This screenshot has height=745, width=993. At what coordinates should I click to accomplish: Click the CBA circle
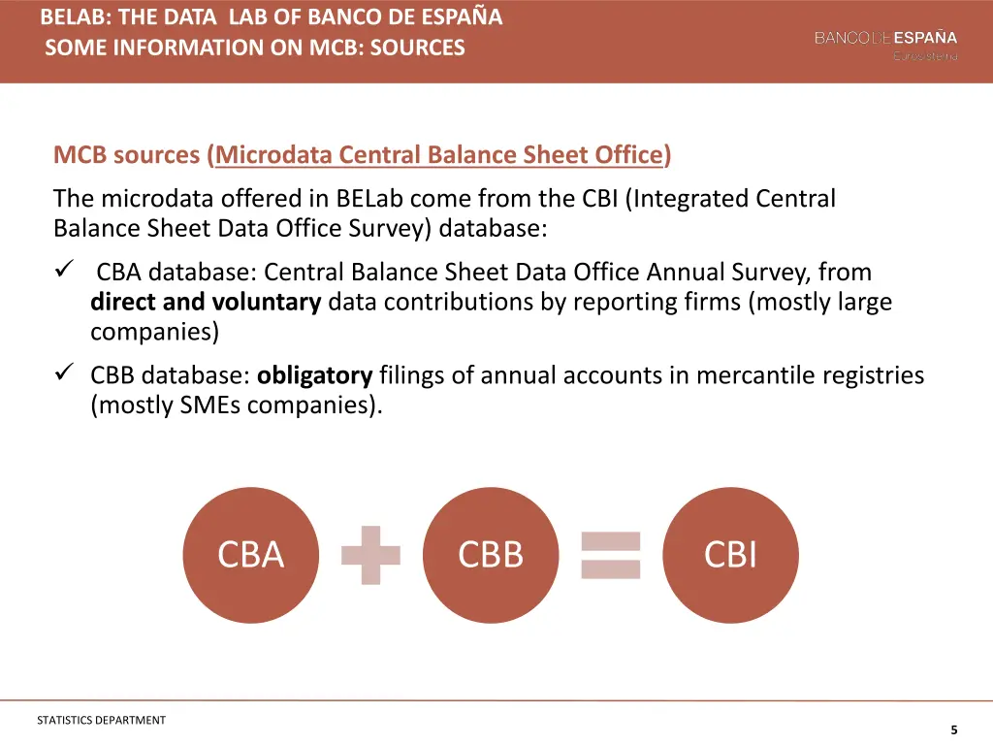(x=250, y=555)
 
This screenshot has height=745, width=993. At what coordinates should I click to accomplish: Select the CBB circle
(x=491, y=555)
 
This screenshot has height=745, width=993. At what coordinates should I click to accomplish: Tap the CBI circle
(x=730, y=555)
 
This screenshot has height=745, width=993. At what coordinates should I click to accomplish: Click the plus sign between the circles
(x=370, y=555)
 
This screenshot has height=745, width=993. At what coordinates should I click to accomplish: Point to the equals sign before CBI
(x=611, y=555)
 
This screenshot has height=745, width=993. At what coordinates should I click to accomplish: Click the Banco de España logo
(x=885, y=44)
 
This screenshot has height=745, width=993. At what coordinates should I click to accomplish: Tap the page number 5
(x=954, y=729)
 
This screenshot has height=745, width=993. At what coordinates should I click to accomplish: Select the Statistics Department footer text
(x=101, y=720)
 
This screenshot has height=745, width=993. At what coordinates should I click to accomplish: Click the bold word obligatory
(x=315, y=375)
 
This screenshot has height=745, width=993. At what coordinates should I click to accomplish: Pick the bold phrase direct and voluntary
(x=206, y=302)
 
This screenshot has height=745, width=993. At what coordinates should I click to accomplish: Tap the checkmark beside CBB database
(x=64, y=374)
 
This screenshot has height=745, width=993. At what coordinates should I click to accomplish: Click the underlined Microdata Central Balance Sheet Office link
(x=439, y=155)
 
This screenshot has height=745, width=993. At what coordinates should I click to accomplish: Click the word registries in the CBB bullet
(x=872, y=375)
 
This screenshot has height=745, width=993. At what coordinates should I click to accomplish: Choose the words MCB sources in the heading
(x=127, y=155)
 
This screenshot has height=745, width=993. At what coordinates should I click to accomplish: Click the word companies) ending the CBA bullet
(x=155, y=332)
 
